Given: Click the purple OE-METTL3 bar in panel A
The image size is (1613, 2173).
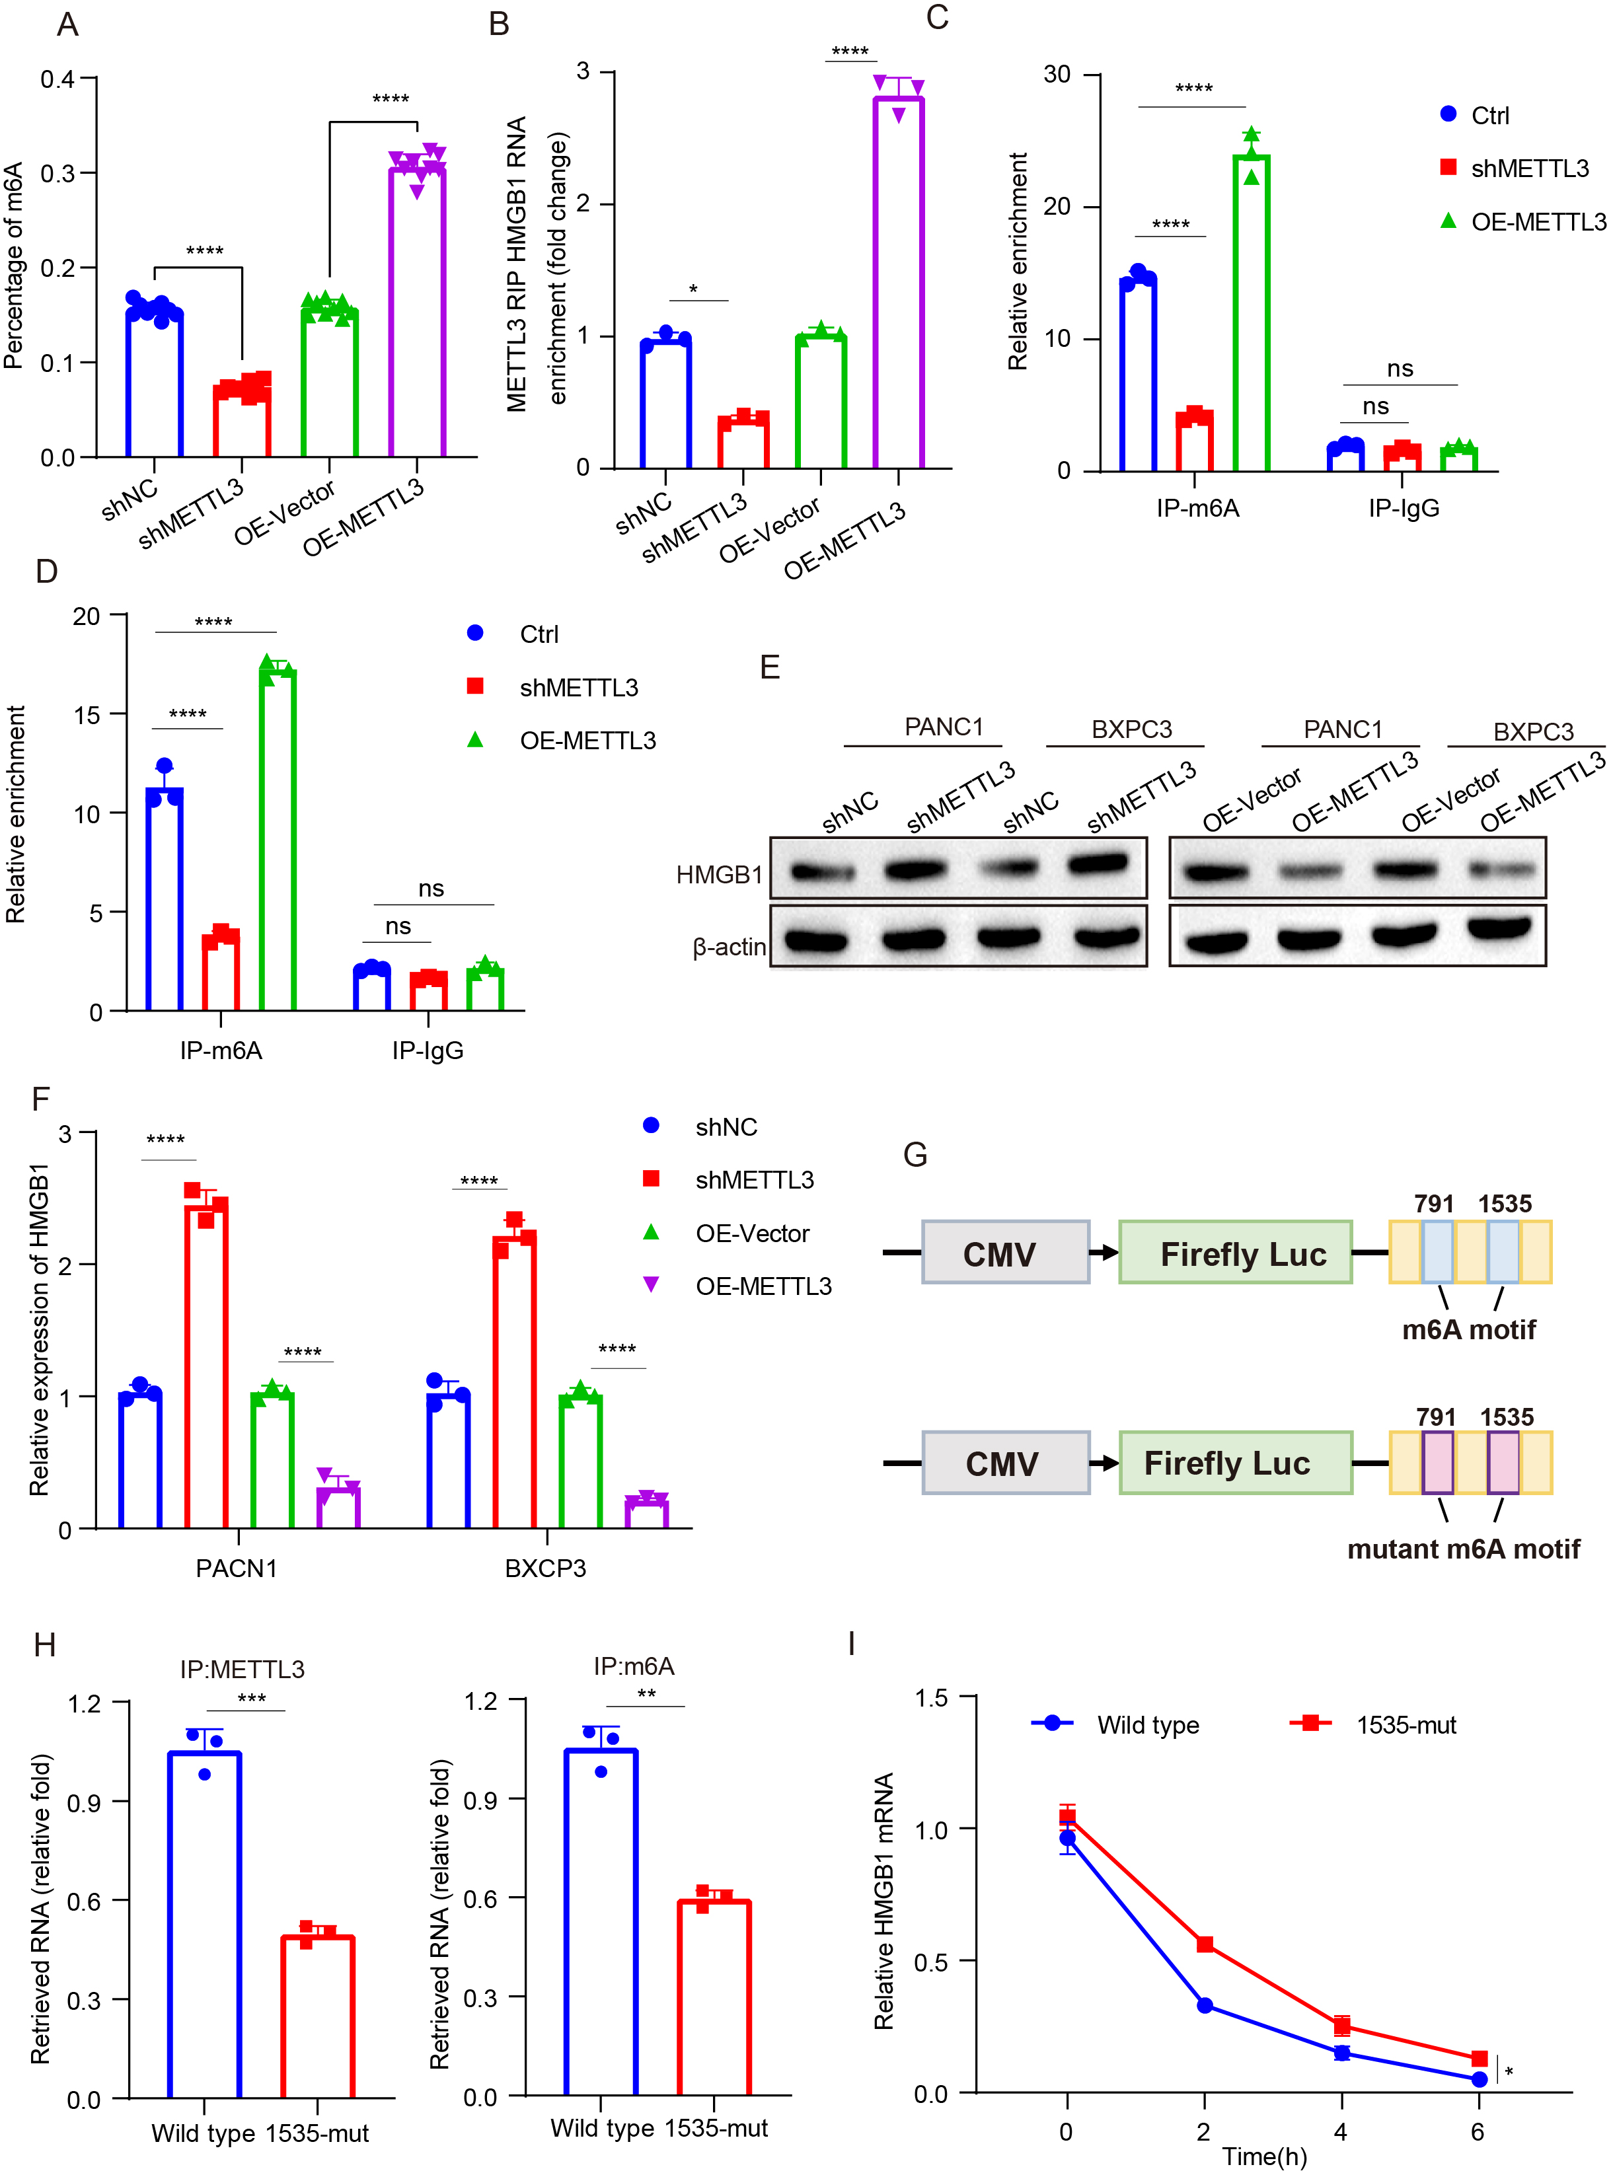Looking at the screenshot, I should (x=417, y=313).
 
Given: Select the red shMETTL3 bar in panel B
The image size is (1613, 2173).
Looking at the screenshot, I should (x=743, y=442).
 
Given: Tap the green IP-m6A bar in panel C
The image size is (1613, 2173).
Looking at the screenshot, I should (x=1251, y=313).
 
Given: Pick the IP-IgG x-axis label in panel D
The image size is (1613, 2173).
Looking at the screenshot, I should (x=428, y=1050).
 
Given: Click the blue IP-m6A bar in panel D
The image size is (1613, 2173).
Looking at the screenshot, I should (x=164, y=898).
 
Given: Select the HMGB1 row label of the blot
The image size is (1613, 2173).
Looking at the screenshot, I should (x=719, y=875).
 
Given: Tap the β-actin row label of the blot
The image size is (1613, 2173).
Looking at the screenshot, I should (x=728, y=947).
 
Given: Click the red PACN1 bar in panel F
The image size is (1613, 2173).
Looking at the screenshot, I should (x=206, y=1362).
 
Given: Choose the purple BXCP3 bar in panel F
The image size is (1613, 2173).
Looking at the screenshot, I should (x=646, y=1512).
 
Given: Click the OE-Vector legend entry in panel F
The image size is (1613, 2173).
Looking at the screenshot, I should (x=752, y=1234).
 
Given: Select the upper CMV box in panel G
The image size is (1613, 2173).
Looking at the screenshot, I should (x=1004, y=1253).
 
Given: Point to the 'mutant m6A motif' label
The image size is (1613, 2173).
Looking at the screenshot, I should (x=1462, y=1549).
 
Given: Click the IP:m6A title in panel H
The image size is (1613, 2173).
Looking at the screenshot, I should (x=634, y=1666).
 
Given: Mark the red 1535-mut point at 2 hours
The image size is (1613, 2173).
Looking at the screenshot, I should (x=1204, y=1944).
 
